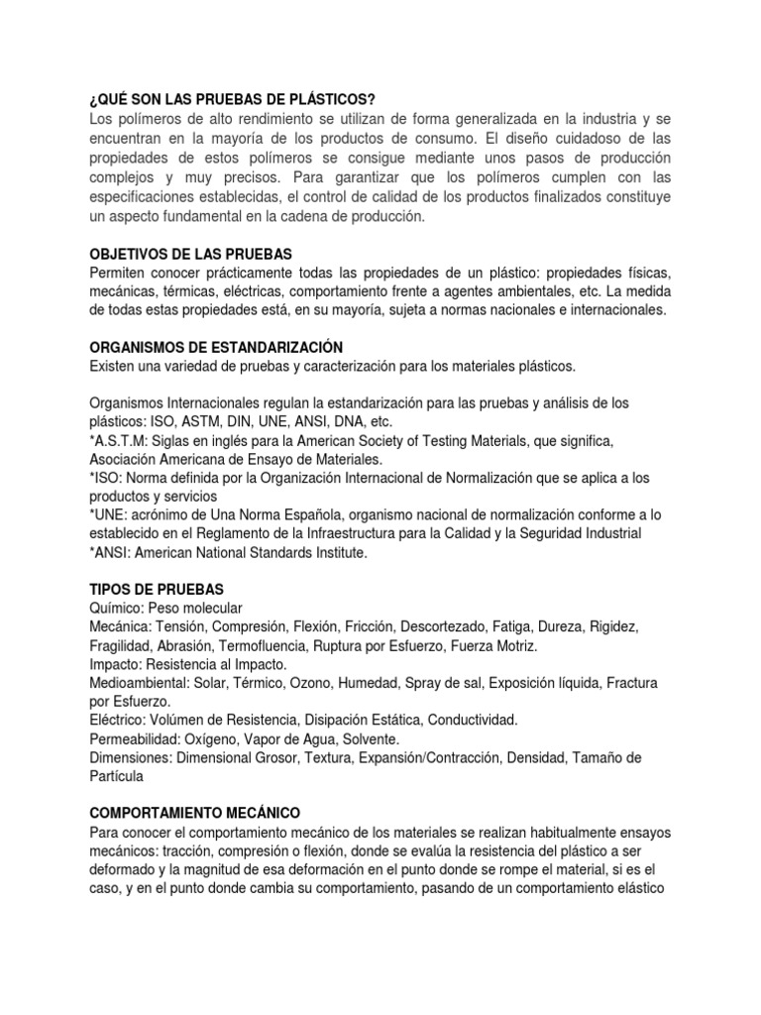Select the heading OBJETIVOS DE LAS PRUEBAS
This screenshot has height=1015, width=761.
tap(191, 254)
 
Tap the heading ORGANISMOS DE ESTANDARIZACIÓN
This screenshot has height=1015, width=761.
tap(216, 348)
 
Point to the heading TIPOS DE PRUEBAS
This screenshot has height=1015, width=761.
tap(155, 588)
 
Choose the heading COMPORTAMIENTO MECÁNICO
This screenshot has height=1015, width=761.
tap(194, 811)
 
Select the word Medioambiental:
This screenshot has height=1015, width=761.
tap(140, 684)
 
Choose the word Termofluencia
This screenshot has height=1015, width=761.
tap(275, 644)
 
